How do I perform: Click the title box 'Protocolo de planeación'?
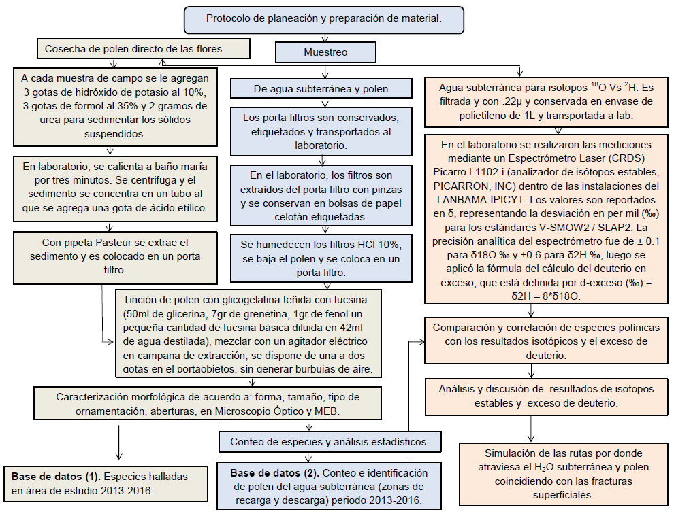point(324,19)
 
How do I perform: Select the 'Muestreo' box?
point(325,52)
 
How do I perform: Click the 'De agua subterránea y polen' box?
point(321,88)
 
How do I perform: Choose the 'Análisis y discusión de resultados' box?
point(545,396)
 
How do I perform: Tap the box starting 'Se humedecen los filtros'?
point(321,258)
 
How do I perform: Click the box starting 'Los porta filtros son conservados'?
point(321,131)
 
